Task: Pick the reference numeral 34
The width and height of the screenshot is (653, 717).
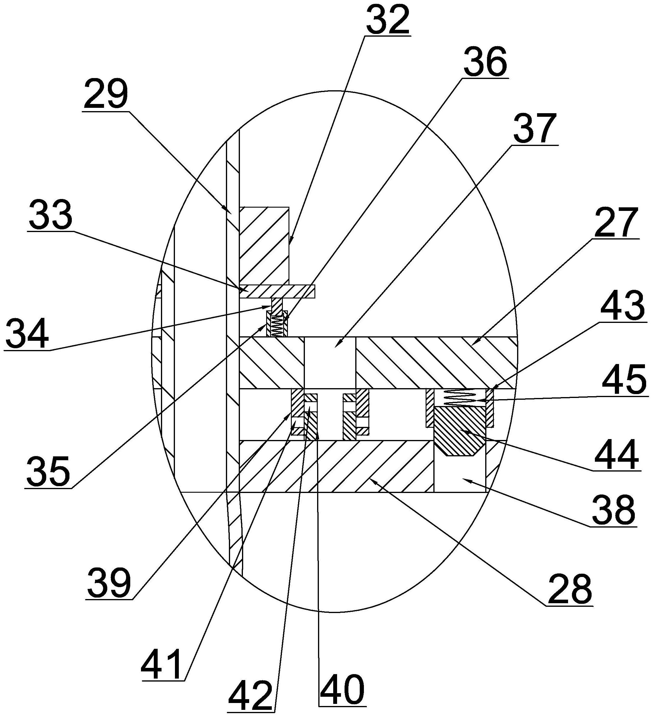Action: [27, 333]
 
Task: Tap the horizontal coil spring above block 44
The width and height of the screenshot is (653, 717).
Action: [460, 398]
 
